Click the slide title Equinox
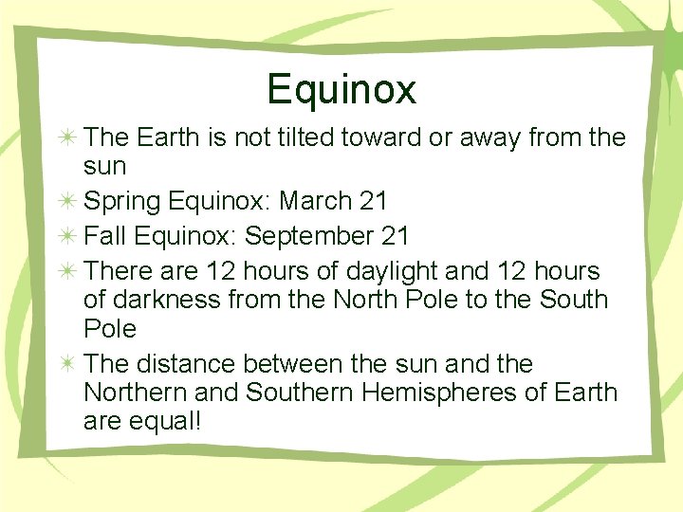tap(341, 89)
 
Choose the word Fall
tap(103, 236)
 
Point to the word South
tap(573, 301)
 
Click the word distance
tap(186, 364)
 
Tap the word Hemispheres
tap(424, 393)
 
